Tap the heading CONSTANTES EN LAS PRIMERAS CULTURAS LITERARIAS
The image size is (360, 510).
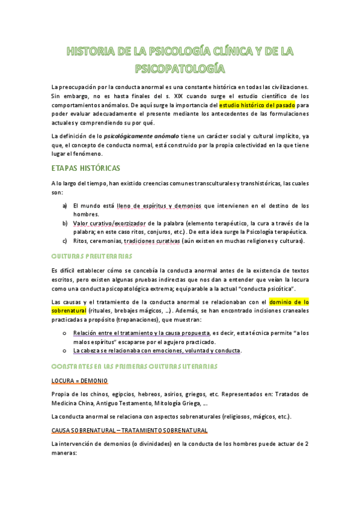pyautogui.click(x=134, y=366)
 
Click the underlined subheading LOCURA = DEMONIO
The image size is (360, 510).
pyautogui.click(x=79, y=381)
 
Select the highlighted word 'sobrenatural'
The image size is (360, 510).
pyautogui.click(x=69, y=310)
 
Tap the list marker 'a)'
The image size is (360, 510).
pyautogui.click(x=65, y=206)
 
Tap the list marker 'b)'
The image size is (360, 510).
pyautogui.click(x=65, y=223)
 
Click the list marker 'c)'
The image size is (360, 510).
pyautogui.click(x=65, y=241)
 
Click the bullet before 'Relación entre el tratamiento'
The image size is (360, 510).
pyautogui.click(x=64, y=333)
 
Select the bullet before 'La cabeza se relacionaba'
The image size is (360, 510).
pyautogui.click(x=64, y=350)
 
